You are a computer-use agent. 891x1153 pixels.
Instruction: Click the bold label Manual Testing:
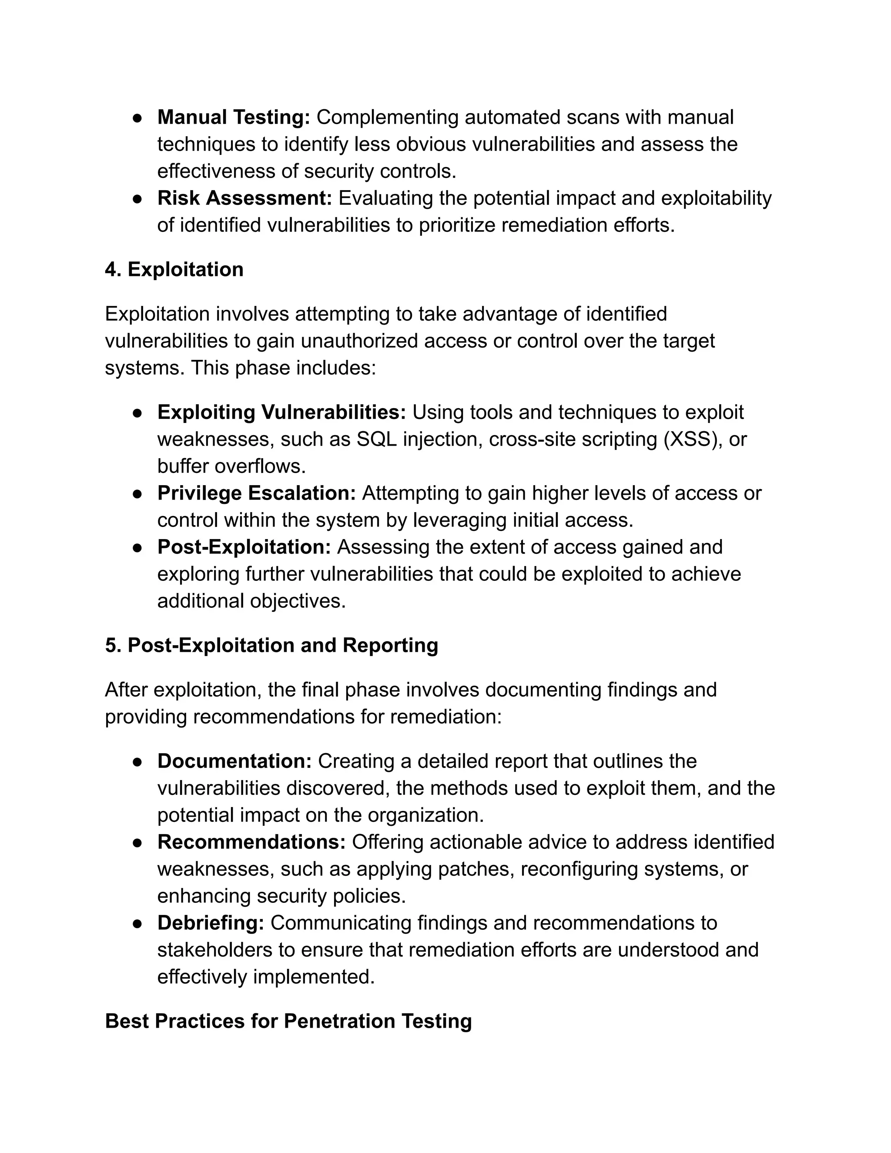pyautogui.click(x=234, y=117)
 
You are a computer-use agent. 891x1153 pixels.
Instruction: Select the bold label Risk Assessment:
pyautogui.click(x=245, y=198)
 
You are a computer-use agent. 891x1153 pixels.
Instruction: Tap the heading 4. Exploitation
pyautogui.click(x=174, y=269)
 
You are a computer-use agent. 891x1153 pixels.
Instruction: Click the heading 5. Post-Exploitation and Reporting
pyautogui.click(x=271, y=645)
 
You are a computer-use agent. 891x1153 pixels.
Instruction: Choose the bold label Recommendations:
pyautogui.click(x=251, y=841)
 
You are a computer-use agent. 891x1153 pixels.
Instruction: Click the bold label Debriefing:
pyautogui.click(x=211, y=922)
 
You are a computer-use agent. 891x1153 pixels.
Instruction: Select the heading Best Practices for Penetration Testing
pyautogui.click(x=288, y=1021)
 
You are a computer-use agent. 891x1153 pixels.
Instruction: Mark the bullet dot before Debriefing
pyautogui.click(x=137, y=923)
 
